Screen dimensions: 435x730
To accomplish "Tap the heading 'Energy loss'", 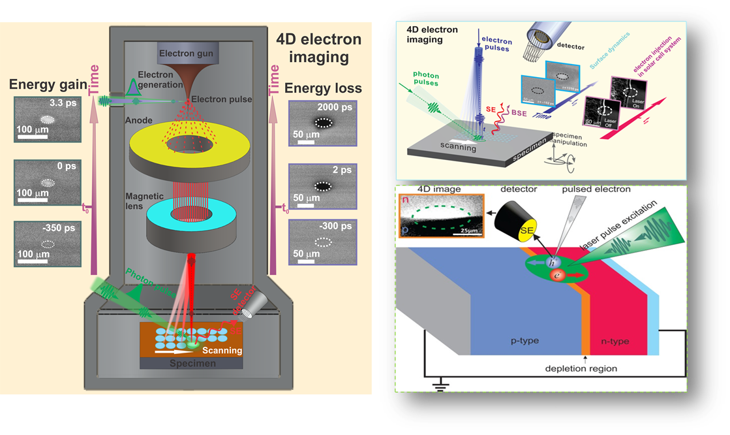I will coord(324,89).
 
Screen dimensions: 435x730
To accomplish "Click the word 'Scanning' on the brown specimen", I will coord(222,350).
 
